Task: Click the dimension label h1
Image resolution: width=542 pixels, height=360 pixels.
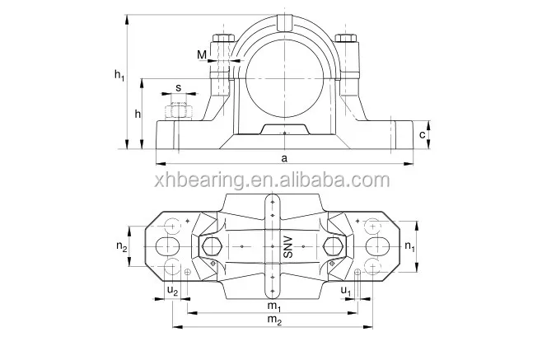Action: click(119, 76)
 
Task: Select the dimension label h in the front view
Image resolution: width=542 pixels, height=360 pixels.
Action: click(138, 113)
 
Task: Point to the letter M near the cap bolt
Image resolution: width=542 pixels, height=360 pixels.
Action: click(203, 54)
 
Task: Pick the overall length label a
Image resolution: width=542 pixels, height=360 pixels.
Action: click(284, 157)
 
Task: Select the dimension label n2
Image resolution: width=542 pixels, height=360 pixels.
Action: click(121, 246)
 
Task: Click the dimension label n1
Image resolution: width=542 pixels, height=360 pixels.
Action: click(409, 245)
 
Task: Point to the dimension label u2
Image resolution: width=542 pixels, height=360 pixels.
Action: click(171, 292)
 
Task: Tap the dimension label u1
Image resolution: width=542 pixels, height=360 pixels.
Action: click(347, 292)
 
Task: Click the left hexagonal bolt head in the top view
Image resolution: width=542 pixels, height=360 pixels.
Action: click(210, 245)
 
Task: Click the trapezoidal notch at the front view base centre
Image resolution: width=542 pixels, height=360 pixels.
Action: click(283, 129)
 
